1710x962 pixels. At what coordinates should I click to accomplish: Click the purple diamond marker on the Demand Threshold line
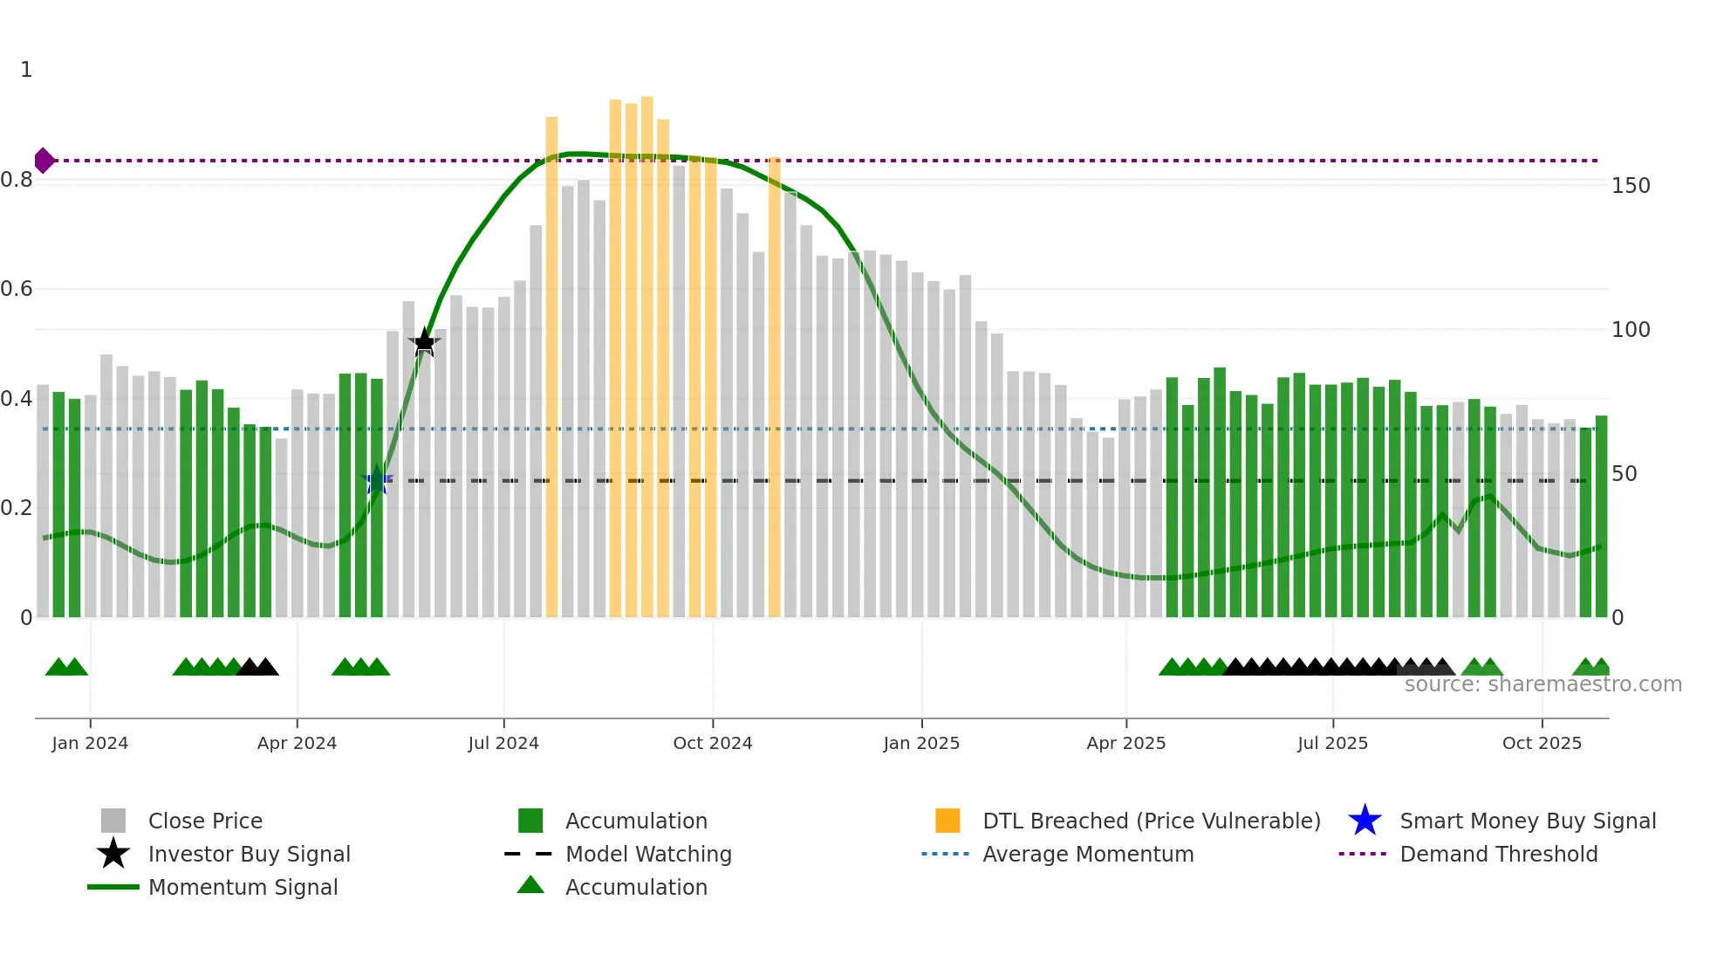[44, 161]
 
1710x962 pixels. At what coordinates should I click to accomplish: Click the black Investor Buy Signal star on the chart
[424, 342]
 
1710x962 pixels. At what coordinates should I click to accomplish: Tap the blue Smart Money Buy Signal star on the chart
[377, 479]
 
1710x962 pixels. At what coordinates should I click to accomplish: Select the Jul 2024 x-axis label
[503, 743]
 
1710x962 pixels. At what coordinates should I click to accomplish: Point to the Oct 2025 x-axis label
[1542, 743]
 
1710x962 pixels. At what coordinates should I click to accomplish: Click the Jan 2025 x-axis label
[921, 743]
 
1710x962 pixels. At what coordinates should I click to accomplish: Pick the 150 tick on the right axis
[1631, 186]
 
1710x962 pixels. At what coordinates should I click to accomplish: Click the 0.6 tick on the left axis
[17, 289]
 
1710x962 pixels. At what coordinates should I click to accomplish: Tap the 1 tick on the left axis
[26, 70]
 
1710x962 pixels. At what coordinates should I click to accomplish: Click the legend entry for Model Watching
[648, 854]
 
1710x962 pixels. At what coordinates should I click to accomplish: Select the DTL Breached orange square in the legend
[947, 821]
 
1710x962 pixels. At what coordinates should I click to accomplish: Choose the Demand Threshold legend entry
[1498, 854]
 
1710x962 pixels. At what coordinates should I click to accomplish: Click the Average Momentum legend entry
[1088, 854]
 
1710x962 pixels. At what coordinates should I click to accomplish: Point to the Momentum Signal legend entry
[243, 887]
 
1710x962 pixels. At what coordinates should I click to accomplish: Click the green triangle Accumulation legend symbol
[530, 885]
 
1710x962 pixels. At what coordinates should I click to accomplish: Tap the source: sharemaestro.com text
[1542, 684]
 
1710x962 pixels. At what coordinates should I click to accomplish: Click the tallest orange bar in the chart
[647, 349]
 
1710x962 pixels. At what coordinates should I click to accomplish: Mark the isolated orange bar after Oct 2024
[775, 384]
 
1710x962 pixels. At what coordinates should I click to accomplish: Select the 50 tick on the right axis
[1624, 474]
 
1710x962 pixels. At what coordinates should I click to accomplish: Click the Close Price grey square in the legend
[113, 821]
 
